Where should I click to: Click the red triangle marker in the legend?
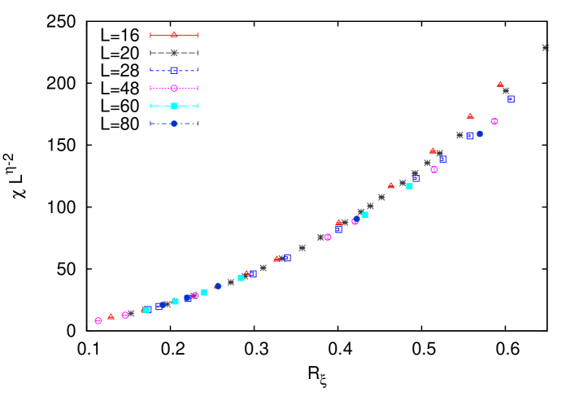click(x=174, y=35)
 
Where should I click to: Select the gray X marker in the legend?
click(x=174, y=53)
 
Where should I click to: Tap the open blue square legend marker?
click(x=174, y=71)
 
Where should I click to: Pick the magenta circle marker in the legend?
click(x=174, y=88)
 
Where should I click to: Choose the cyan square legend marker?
click(x=174, y=106)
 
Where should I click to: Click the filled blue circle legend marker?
click(x=174, y=124)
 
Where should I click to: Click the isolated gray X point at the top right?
click(x=545, y=48)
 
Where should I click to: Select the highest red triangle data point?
click(x=500, y=84)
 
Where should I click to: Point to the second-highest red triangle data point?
click(x=470, y=116)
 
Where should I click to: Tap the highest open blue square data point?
click(x=511, y=98)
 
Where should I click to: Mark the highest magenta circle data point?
click(x=494, y=121)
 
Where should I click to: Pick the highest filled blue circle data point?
click(x=479, y=133)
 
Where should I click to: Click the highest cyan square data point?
click(x=409, y=186)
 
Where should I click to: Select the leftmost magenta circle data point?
click(x=98, y=321)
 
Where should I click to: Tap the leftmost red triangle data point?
click(x=111, y=316)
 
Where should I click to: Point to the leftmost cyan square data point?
click(x=146, y=310)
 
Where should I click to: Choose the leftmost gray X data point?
click(x=131, y=313)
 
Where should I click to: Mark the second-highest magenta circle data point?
click(x=434, y=170)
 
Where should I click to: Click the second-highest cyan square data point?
click(x=365, y=215)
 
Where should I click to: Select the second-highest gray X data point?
click(x=506, y=91)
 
